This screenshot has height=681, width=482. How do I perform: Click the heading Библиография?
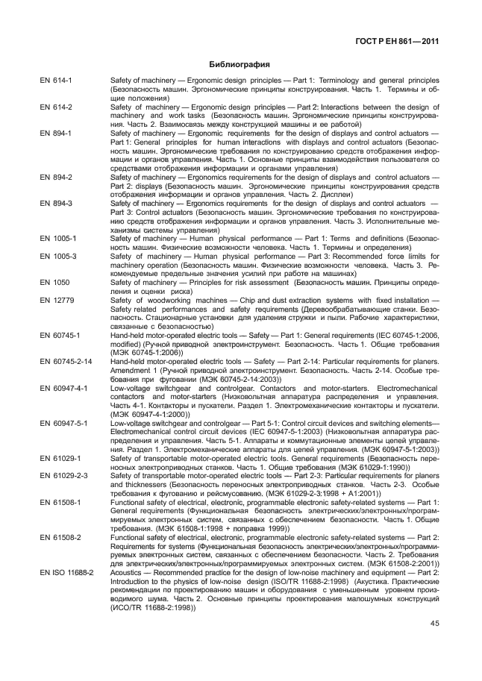[x=240, y=64]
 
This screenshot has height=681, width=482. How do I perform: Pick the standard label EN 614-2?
[x=57, y=107]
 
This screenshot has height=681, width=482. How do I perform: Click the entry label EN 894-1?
[x=57, y=134]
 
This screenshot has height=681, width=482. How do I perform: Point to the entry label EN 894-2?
[x=57, y=178]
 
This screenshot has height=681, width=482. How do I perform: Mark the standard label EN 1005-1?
[x=58, y=239]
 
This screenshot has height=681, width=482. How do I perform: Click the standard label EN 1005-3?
[x=58, y=256]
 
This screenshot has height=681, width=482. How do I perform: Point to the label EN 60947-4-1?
[x=64, y=389]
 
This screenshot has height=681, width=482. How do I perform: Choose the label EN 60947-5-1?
[x=64, y=423]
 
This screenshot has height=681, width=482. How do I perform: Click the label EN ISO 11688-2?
[x=67, y=571]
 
